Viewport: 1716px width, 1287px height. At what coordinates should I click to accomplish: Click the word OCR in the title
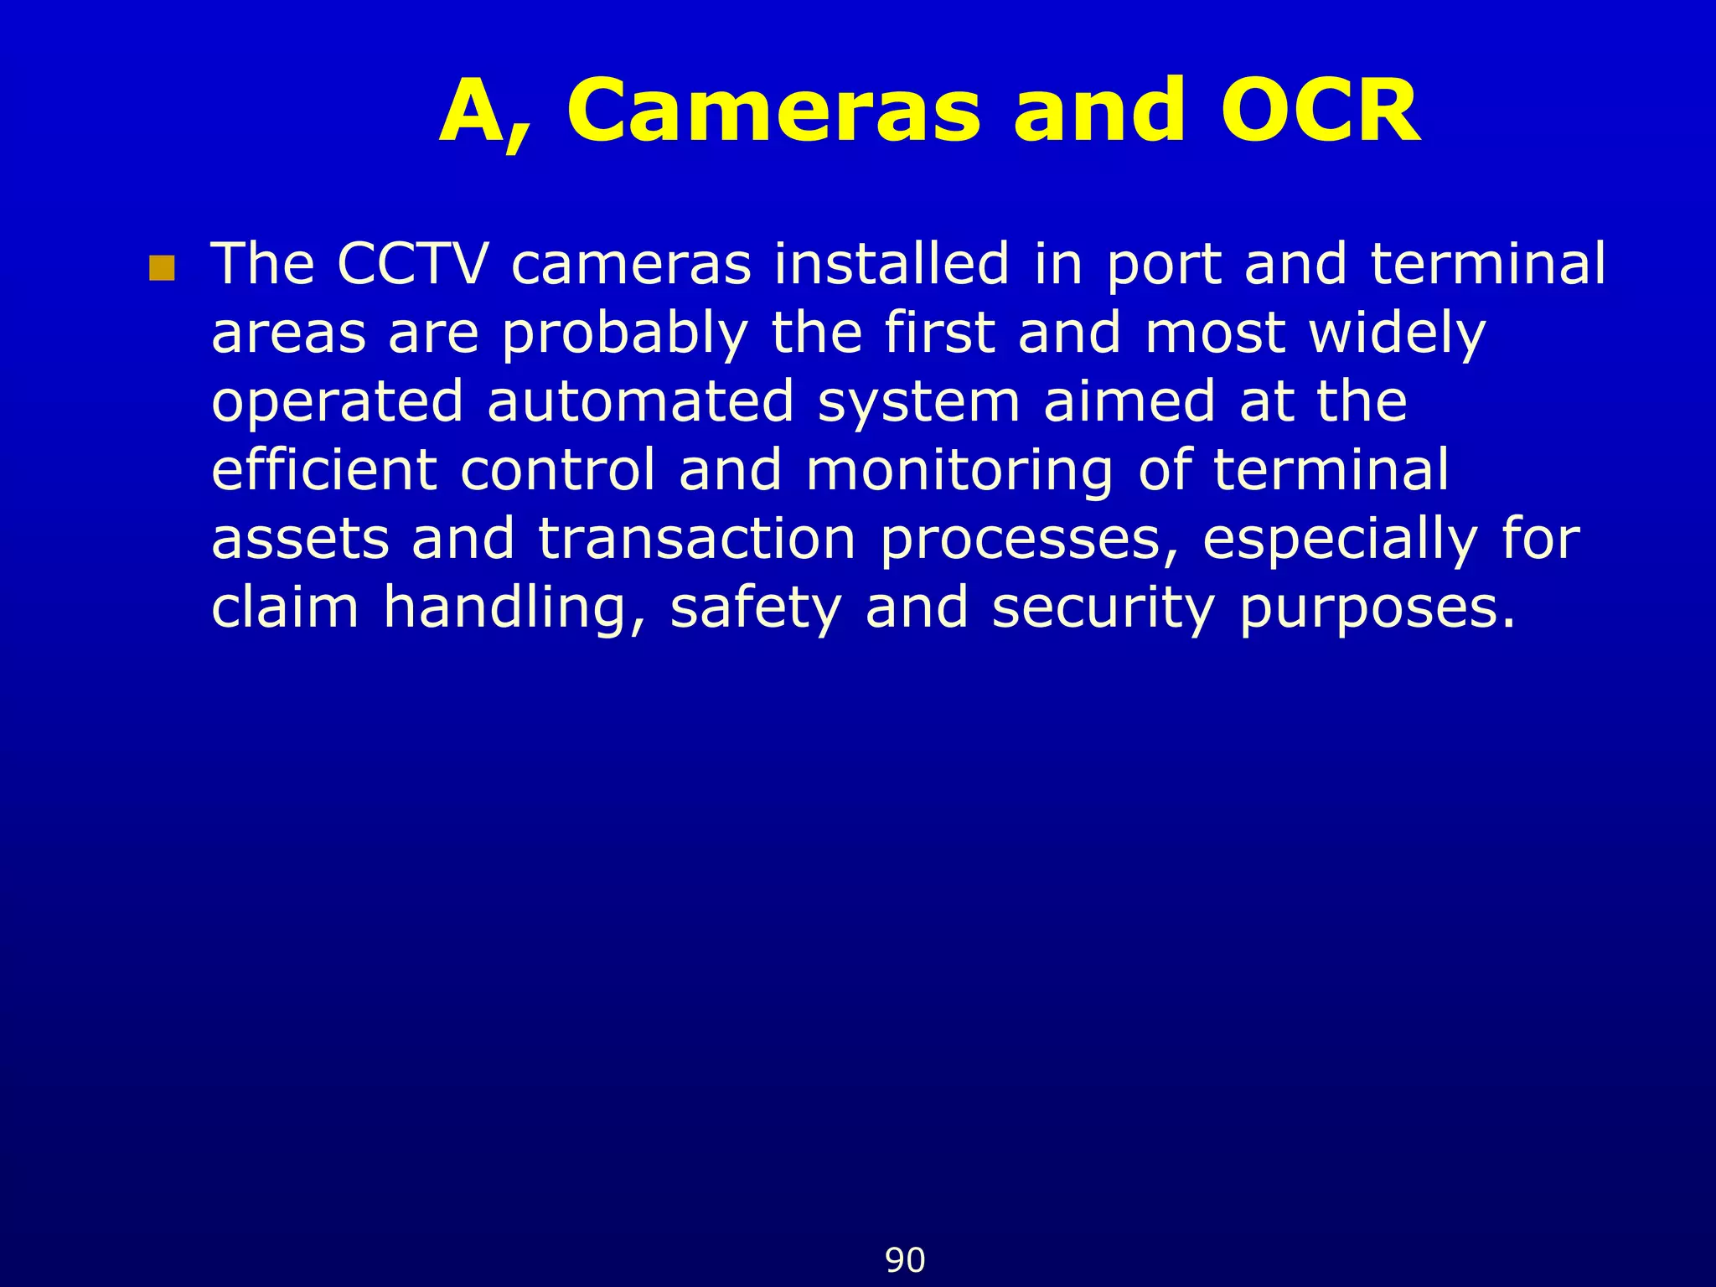pyautogui.click(x=1319, y=111)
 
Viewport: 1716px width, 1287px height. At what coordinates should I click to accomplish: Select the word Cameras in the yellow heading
pyautogui.click(x=773, y=111)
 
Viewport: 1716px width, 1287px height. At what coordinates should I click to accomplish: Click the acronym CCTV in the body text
pyautogui.click(x=412, y=264)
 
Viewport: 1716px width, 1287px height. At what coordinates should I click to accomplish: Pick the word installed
pyautogui.click(x=892, y=264)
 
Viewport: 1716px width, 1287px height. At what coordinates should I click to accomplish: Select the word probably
pyautogui.click(x=624, y=334)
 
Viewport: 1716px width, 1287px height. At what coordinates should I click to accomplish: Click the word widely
pyautogui.click(x=1397, y=334)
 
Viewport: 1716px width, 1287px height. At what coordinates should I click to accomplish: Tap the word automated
pyautogui.click(x=640, y=401)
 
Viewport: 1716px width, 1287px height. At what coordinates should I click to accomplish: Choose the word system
pyautogui.click(x=918, y=403)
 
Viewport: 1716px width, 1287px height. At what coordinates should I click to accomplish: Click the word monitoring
pyautogui.click(x=959, y=471)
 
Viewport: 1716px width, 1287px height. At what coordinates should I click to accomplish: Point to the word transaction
pyautogui.click(x=697, y=539)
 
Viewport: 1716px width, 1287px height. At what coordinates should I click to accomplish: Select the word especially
pyautogui.click(x=1339, y=540)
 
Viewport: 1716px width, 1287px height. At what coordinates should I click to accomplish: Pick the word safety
pyautogui.click(x=756, y=608)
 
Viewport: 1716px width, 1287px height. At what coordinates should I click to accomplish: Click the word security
pyautogui.click(x=1103, y=608)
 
